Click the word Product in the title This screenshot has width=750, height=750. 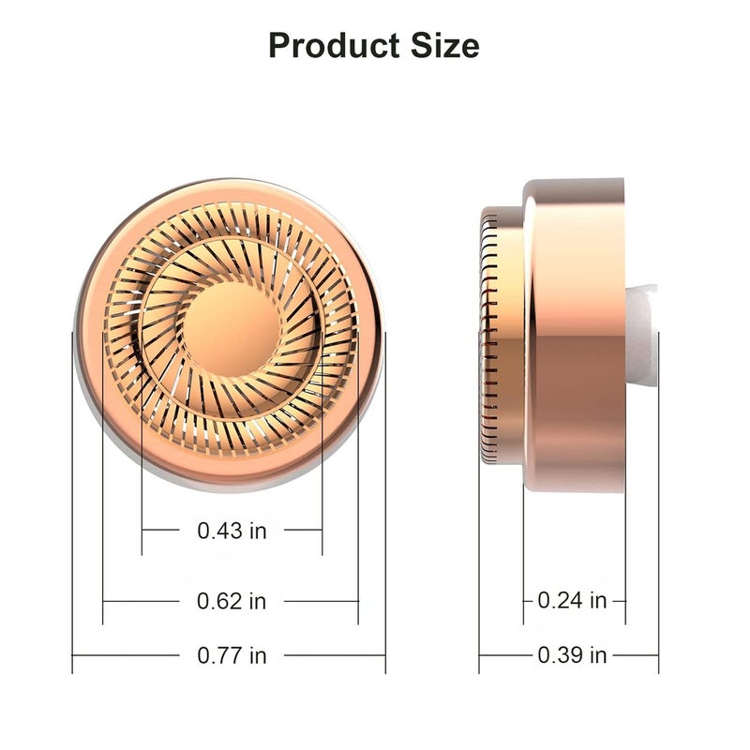334,46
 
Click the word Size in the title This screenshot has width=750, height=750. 444,46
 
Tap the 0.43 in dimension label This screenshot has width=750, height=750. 232,531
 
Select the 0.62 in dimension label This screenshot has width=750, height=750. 232,601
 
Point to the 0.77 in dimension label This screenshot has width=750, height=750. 232,655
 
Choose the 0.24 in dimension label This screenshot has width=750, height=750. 572,600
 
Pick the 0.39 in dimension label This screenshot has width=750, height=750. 572,654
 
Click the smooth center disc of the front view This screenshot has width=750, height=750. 232,329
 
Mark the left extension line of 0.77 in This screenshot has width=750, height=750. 72,502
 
